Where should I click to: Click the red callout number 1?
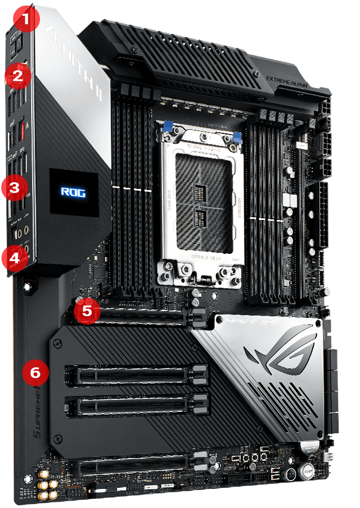tap(25, 20)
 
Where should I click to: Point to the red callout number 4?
tap(13, 258)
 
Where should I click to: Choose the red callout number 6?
tap(35, 372)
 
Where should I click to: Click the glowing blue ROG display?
tap(73, 192)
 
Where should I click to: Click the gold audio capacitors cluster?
tap(47, 488)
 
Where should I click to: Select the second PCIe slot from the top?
tap(135, 374)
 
